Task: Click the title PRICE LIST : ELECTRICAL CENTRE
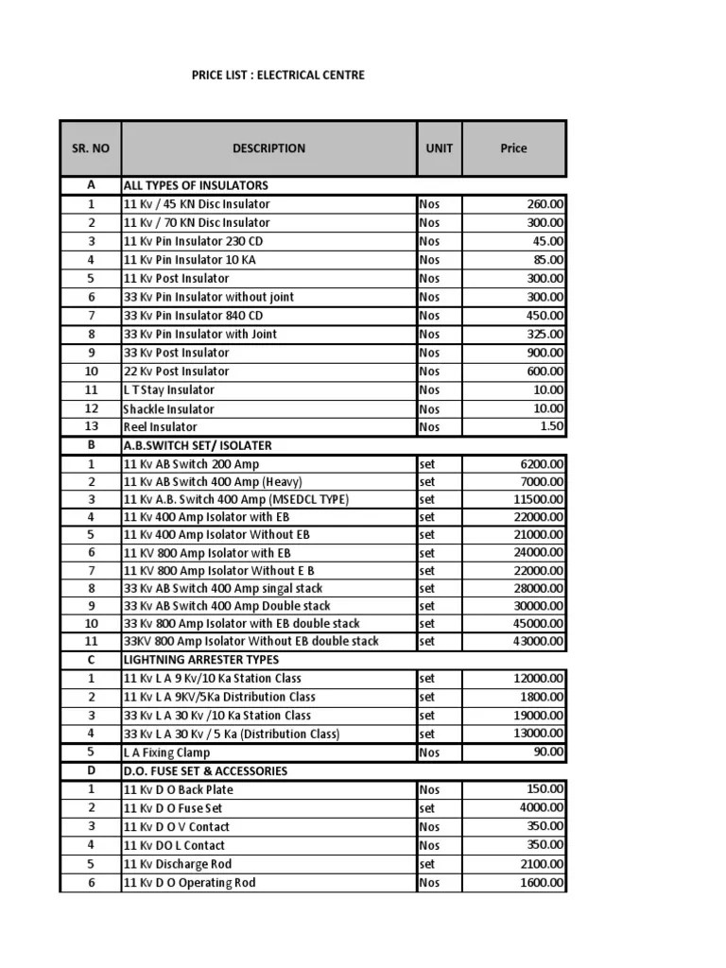[277, 75]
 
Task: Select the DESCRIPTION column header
[268, 148]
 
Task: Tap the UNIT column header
[439, 148]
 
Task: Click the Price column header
[514, 148]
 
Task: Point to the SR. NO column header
[91, 148]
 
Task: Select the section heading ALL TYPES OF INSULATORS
[196, 185]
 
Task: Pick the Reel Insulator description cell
[160, 427]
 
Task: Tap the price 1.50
[551, 427]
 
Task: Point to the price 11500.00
[539, 499]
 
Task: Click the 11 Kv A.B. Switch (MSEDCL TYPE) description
[236, 499]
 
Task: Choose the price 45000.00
[539, 624]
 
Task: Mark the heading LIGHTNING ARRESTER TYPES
[200, 660]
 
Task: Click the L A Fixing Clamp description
[166, 752]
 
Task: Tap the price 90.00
[548, 752]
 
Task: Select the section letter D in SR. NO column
[91, 771]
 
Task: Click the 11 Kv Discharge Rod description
[177, 864]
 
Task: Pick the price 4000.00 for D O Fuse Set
[542, 808]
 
